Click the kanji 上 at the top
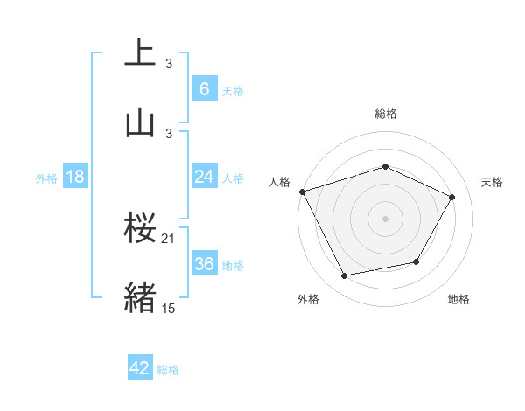tap(140, 52)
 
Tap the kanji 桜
tap(140, 228)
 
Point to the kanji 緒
tap(140, 296)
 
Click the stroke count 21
tap(169, 239)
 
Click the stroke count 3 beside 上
tap(169, 63)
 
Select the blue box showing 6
tap(204, 88)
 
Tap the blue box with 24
tap(204, 177)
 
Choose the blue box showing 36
tap(204, 263)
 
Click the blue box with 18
tap(75, 177)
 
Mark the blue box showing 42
tap(140, 368)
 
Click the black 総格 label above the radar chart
tap(386, 115)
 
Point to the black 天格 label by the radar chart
tap(493, 182)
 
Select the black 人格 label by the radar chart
tap(279, 182)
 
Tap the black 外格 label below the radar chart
tap(308, 299)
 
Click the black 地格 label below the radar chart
tap(458, 299)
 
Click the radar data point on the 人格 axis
tap(302, 192)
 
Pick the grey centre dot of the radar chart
tap(386, 219)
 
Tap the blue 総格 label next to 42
tap(168, 370)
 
